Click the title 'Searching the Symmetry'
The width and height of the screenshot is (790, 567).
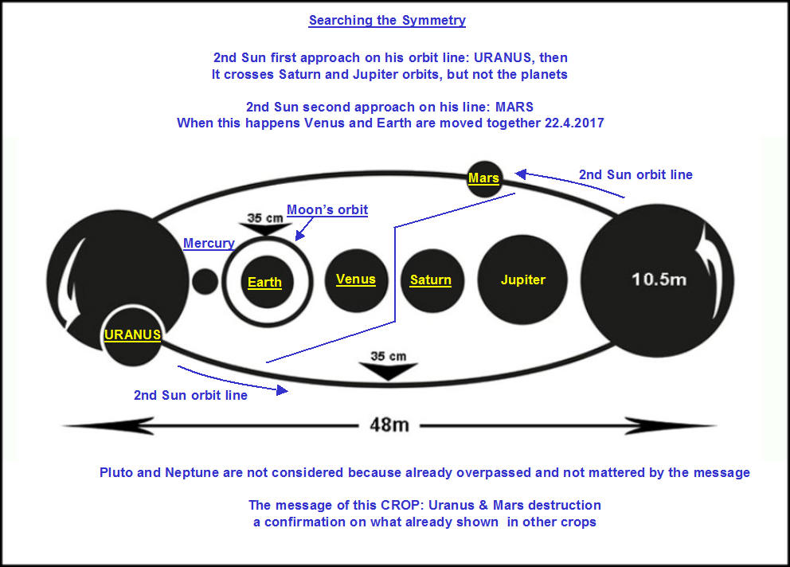pos(387,20)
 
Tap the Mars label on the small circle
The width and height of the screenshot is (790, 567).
pos(483,178)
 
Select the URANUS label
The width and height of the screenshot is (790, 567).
pos(132,334)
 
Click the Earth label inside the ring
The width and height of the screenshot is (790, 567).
pos(264,282)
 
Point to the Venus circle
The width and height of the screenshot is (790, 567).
pos(356,280)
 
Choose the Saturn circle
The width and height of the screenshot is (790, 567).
pos(432,281)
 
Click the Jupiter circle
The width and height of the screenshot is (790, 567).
pos(522,280)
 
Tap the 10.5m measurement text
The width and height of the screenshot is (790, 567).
pos(659,280)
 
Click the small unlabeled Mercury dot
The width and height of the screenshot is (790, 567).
pos(205,281)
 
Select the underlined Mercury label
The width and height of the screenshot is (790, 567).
pos(209,243)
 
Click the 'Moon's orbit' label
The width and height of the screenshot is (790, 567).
pos(327,209)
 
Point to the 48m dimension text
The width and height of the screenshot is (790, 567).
pos(389,425)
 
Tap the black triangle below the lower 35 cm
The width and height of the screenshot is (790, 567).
pos(388,371)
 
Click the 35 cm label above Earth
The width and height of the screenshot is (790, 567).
pos(265,218)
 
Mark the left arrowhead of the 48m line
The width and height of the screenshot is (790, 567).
pos(108,426)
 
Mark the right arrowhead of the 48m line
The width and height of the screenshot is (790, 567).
pos(670,426)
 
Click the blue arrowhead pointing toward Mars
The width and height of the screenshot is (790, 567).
pos(521,174)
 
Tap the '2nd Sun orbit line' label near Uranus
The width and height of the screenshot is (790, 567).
pos(190,395)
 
